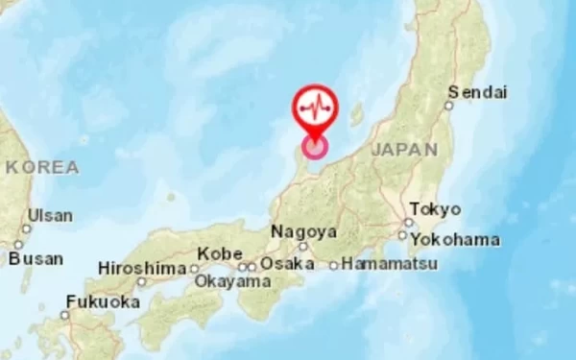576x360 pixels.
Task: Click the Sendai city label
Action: click(476, 93)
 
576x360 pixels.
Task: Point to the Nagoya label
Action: click(303, 231)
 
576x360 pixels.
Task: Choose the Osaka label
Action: click(287, 263)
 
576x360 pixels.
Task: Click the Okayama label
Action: click(232, 281)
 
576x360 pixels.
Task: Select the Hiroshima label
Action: click(141, 269)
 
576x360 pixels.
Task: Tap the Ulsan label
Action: click(49, 216)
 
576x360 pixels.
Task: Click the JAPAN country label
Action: click(403, 150)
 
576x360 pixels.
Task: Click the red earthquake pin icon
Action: click(315, 108)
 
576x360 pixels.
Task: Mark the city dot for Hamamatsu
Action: click(334, 265)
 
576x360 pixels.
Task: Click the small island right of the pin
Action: click(357, 115)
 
